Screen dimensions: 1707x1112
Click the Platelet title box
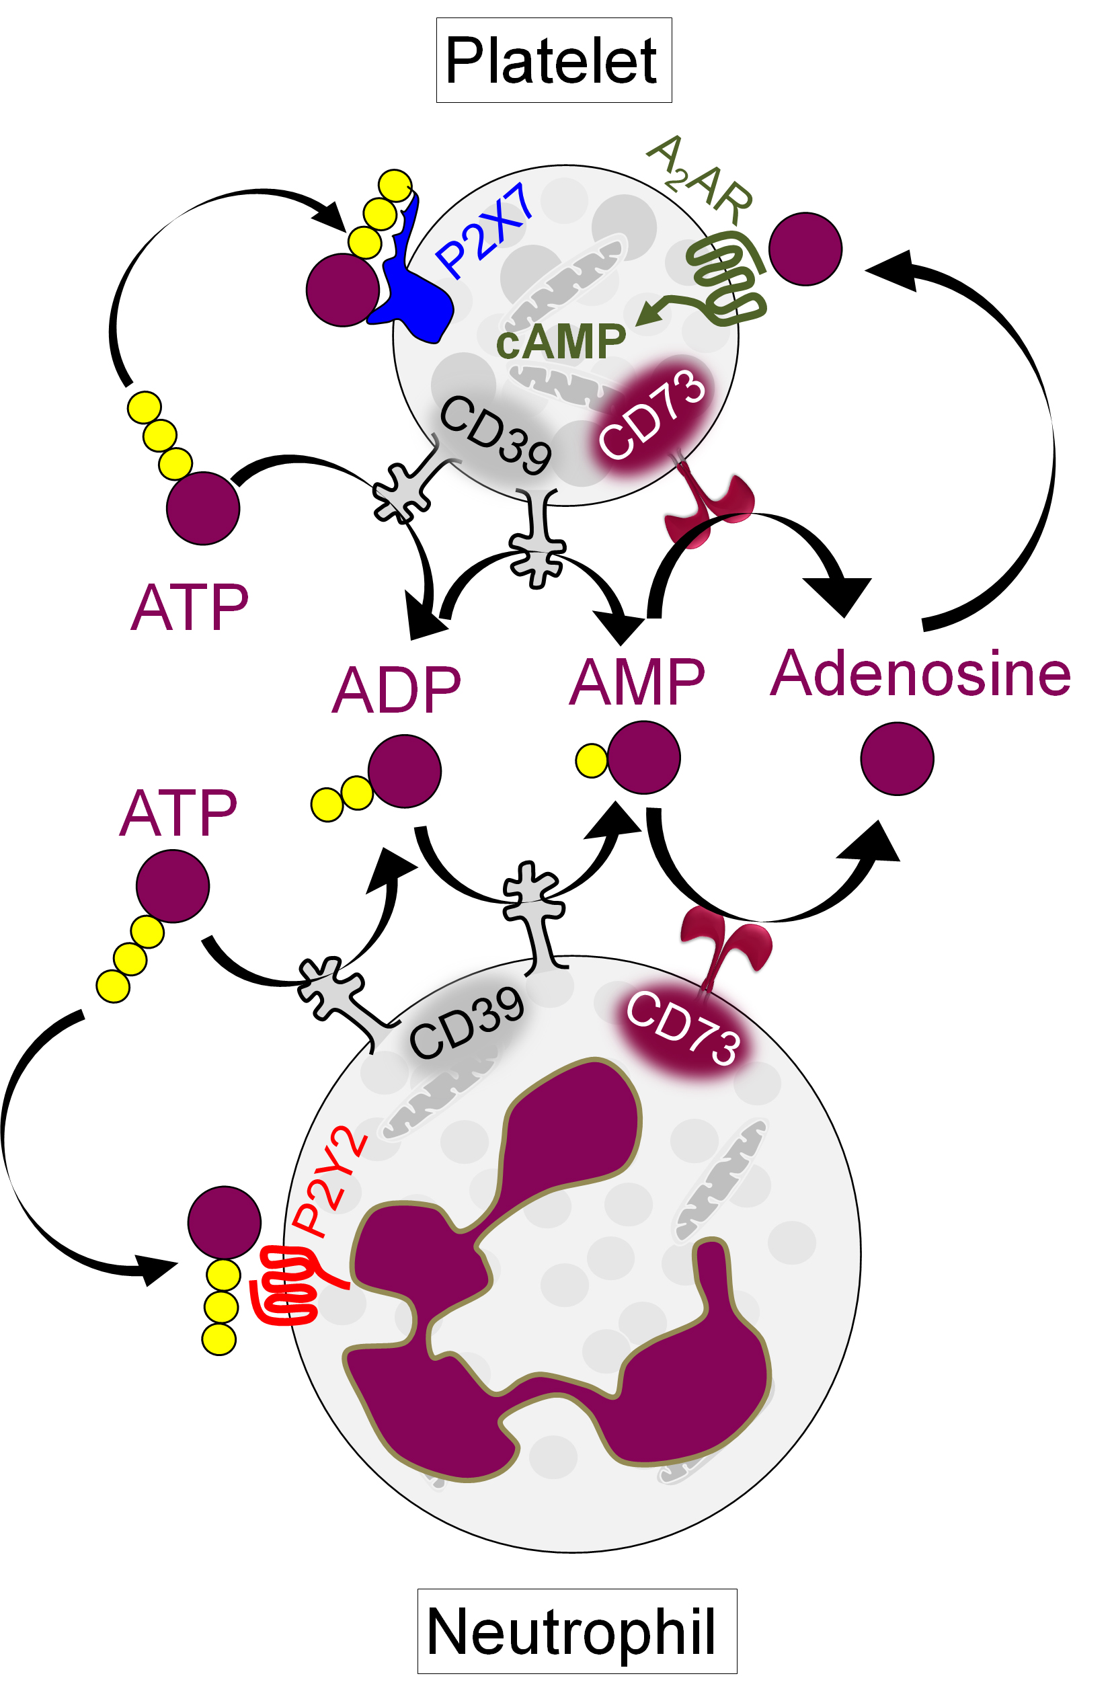553,61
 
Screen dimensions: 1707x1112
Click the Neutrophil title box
576,1631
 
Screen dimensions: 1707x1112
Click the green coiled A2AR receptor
725,280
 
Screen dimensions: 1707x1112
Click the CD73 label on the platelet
652,414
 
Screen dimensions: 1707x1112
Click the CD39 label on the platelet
495,434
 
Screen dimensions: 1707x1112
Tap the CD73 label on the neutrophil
682,1027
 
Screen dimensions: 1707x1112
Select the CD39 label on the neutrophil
467,1022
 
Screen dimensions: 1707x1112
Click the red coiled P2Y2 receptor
287,1285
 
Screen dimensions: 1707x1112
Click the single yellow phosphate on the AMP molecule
591,760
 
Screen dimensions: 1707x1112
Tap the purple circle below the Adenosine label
896,758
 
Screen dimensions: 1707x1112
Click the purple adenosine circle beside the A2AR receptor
804,249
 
